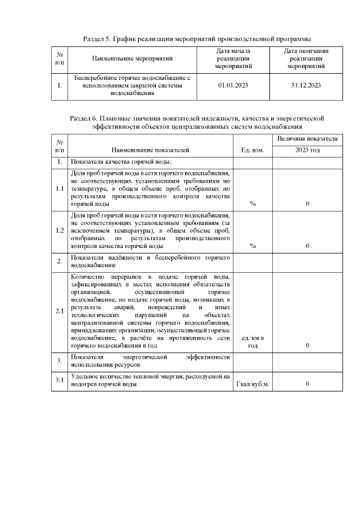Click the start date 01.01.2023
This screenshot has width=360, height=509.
pos(232,85)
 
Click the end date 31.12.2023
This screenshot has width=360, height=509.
pos(306,85)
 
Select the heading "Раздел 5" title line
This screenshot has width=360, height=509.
pos(197,38)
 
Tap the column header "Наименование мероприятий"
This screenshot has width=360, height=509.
pos(132,58)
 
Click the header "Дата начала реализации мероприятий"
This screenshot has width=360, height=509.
pos(232,58)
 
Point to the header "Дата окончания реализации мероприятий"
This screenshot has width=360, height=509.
pos(306,58)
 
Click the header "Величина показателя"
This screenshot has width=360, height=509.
pos(307,138)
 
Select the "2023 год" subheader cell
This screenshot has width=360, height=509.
pos(307,150)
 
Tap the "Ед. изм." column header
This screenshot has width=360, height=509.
pos(253,150)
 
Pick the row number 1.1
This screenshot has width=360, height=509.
pos(60,188)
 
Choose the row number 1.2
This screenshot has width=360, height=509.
pos(60,231)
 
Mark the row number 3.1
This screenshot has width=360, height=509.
pos(60,381)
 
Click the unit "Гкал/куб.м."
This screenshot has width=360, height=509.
pos(253,384)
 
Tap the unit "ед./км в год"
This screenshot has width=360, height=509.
pos(253,341)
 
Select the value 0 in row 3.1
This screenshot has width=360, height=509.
pos(307,384)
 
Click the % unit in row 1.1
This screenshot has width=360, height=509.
pos(253,204)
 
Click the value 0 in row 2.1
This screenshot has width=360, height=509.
pos(307,345)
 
